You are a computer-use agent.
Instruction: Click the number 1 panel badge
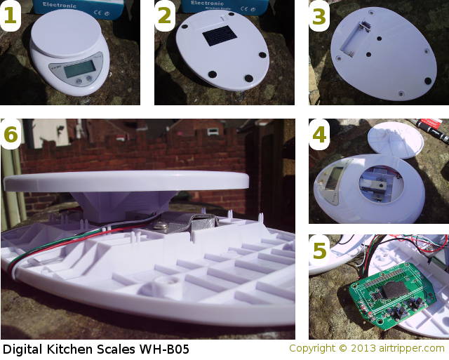pos(12,18)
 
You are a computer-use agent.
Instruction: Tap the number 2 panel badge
pos(166,18)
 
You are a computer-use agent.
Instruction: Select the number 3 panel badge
pos(320,18)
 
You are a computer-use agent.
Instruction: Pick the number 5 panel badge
pos(320,251)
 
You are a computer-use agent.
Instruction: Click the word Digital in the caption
pos(22,349)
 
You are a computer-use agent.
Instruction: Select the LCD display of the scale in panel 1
pos(75,72)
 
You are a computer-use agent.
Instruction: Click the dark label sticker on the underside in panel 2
pos(213,40)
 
